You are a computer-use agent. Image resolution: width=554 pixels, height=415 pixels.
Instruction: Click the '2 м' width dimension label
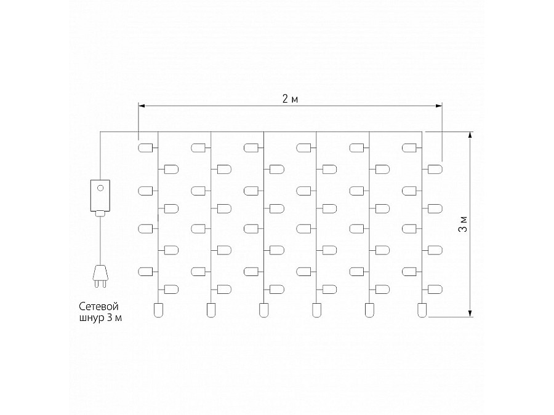pos(290,99)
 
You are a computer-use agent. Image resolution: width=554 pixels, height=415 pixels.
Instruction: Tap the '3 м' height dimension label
pos(462,224)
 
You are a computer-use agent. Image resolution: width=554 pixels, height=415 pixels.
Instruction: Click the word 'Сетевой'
pos(98,306)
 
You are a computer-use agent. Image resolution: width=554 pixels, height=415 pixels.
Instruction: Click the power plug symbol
pos(100,276)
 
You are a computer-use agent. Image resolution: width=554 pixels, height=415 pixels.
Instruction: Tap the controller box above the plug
pos(100,196)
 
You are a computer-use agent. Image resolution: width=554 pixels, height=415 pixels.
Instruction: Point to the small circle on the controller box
pos(100,188)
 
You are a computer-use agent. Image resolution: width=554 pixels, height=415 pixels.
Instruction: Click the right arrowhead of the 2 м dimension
pos(439,106)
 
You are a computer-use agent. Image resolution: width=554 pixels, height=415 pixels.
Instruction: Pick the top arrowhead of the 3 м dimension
pos(470,135)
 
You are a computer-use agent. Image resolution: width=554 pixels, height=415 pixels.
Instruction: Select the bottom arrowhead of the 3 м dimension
pos(470,314)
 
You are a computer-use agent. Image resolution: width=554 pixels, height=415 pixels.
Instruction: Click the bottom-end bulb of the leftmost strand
pos(158,310)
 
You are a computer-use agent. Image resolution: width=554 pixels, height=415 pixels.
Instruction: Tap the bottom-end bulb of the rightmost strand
pos(422,310)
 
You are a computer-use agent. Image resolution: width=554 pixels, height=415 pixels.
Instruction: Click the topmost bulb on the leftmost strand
pos(145,147)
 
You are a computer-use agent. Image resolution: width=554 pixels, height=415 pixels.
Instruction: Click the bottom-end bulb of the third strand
pos(263,310)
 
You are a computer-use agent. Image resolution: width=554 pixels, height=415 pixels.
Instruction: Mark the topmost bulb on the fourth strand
pos(303,147)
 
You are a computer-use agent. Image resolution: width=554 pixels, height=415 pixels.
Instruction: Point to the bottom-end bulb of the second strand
pos(211,310)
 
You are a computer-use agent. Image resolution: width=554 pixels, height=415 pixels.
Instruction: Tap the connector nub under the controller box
pos(100,213)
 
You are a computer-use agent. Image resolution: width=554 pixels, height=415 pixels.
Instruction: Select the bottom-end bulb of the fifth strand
pos(369,310)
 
